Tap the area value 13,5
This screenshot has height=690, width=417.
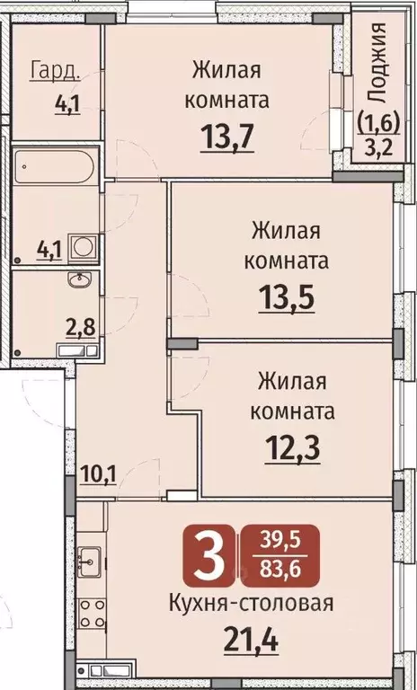pyautogui.click(x=288, y=296)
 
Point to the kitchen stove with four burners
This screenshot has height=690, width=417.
pyautogui.click(x=92, y=616)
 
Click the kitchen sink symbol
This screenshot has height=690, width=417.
pyautogui.click(x=90, y=562)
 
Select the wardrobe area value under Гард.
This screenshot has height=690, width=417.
pyautogui.click(x=67, y=102)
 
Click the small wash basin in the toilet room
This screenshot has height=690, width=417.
pyautogui.click(x=78, y=280)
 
